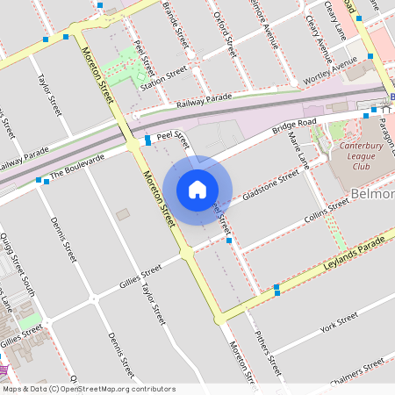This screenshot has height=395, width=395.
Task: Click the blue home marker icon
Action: coord(197,189)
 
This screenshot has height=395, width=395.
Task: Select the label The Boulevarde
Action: coord(76,167)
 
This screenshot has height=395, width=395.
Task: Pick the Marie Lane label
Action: coord(299,149)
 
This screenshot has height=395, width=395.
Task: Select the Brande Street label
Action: coord(176,25)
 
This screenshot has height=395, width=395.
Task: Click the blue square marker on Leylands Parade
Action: coord(276,288)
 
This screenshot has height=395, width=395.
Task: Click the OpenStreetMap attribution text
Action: coord(89,388)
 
